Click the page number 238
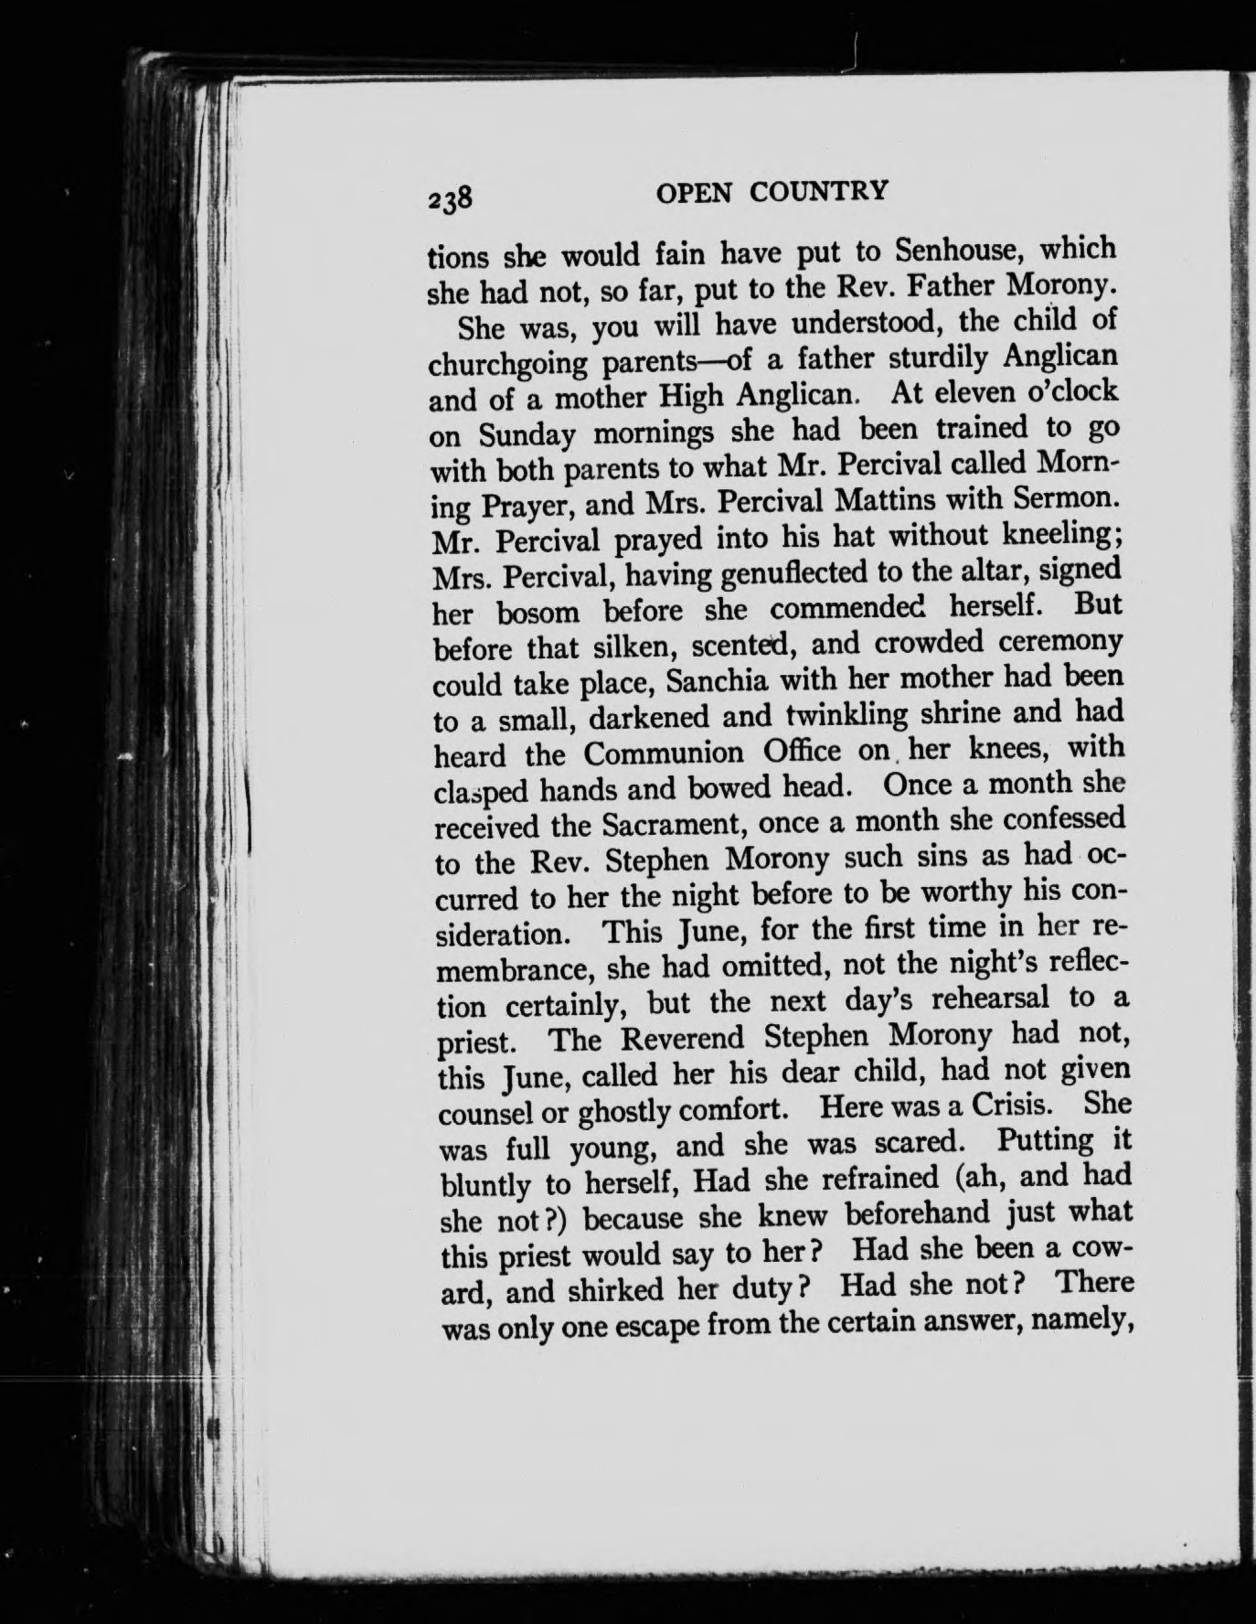[448, 197]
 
